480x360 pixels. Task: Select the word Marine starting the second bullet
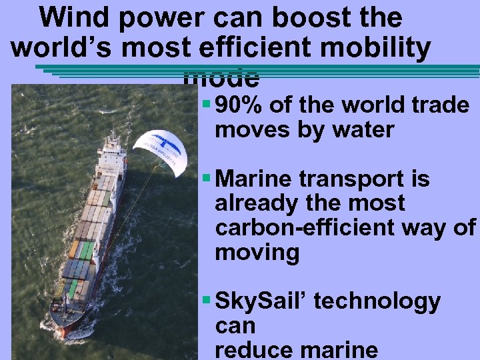coord(257,179)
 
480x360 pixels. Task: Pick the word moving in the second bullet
coord(257,253)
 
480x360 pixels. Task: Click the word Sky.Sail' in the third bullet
coord(261,301)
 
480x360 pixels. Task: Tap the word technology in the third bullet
coord(377,301)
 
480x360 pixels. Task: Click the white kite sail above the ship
coord(159,147)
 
